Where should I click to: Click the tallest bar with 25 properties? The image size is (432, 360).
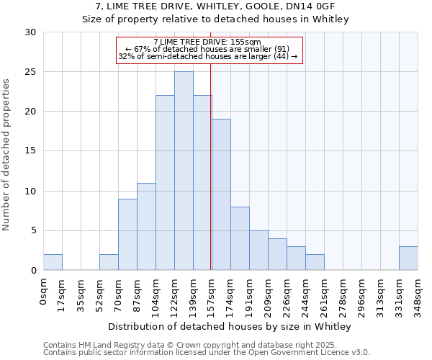(184, 171)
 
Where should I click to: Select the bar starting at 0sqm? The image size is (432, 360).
(53, 263)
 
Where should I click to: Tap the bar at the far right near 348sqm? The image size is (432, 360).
(408, 258)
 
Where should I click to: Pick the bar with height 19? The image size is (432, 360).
(221, 194)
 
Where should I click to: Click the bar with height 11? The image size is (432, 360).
(146, 226)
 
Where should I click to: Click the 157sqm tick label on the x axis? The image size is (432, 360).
(212, 293)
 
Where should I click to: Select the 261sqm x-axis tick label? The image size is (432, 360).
(325, 293)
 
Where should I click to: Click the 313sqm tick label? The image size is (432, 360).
(381, 293)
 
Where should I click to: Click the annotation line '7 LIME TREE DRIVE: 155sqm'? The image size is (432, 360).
(207, 42)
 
